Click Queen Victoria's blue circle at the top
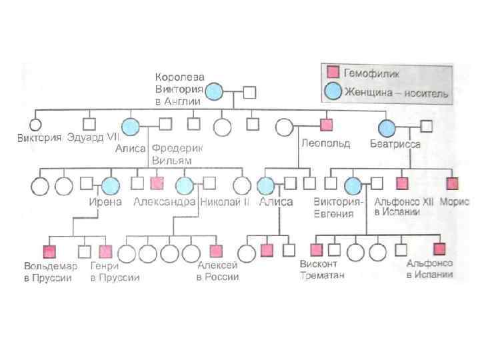pyautogui.click(x=214, y=93)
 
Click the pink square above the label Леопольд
pyautogui.click(x=326, y=123)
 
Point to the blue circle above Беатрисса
pyautogui.click(x=387, y=126)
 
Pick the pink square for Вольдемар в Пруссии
pyautogui.click(x=49, y=251)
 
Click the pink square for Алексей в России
pyautogui.click(x=215, y=251)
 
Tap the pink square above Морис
pyautogui.click(x=453, y=183)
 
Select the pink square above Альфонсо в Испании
pyautogui.click(x=439, y=249)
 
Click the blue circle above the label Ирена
pyautogui.click(x=111, y=185)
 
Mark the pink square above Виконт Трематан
pyautogui.click(x=317, y=250)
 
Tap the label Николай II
pyautogui.click(x=224, y=201)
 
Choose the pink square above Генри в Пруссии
pyautogui.click(x=105, y=251)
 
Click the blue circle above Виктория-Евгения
pyautogui.click(x=353, y=185)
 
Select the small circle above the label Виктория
pyautogui.click(x=35, y=123)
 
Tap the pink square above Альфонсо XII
pyautogui.click(x=401, y=183)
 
